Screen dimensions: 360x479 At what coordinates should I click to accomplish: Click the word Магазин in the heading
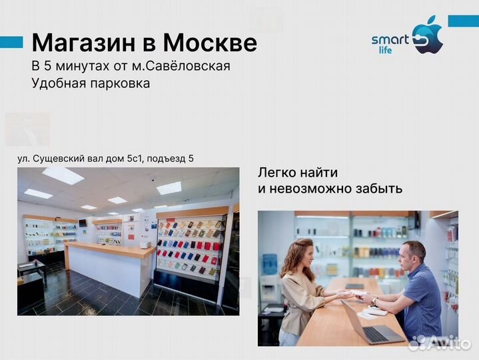[x=83, y=43]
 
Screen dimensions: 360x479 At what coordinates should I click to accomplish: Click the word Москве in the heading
[x=210, y=43]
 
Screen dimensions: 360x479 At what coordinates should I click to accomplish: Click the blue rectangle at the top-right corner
[x=462, y=21]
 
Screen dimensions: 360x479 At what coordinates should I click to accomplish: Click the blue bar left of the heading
[x=11, y=42]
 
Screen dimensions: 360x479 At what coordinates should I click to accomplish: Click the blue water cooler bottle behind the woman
[x=270, y=264]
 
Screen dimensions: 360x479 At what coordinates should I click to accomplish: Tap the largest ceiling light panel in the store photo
[x=63, y=175]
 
